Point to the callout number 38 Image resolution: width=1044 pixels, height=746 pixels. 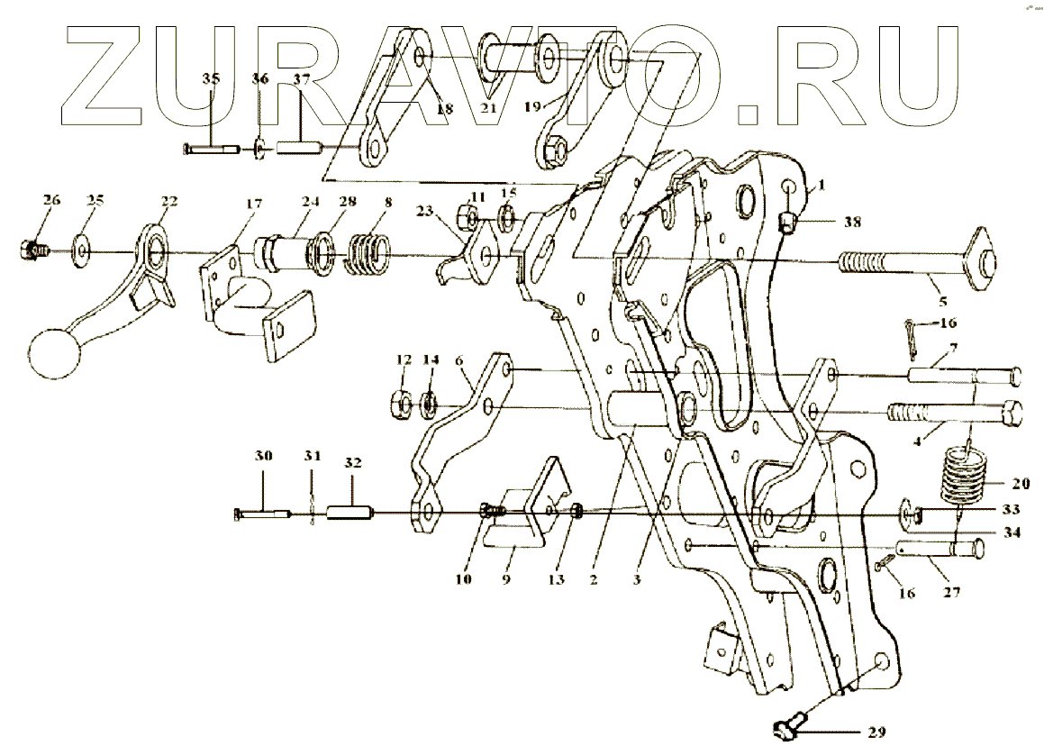tap(852, 221)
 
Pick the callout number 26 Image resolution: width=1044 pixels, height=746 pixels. tap(51, 199)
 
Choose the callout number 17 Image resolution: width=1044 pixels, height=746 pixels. tap(254, 205)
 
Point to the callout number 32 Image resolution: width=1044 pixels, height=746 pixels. tap(352, 463)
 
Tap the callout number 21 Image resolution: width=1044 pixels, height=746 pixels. tap(487, 110)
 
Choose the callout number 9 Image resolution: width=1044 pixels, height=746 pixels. tap(506, 580)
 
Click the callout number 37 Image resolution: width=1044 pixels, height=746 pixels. tap(301, 79)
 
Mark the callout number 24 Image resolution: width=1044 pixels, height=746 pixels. tap(311, 203)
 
